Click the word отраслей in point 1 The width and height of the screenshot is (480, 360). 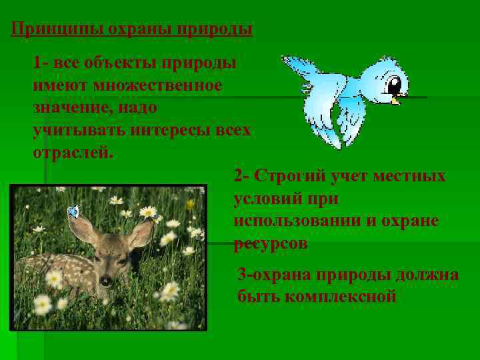(73, 151)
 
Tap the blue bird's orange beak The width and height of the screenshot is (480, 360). (397, 101)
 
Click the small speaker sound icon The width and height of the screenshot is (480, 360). (73, 212)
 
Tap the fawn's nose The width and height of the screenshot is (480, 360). (104, 280)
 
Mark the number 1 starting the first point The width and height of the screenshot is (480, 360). (37, 64)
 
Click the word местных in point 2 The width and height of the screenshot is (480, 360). (411, 177)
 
